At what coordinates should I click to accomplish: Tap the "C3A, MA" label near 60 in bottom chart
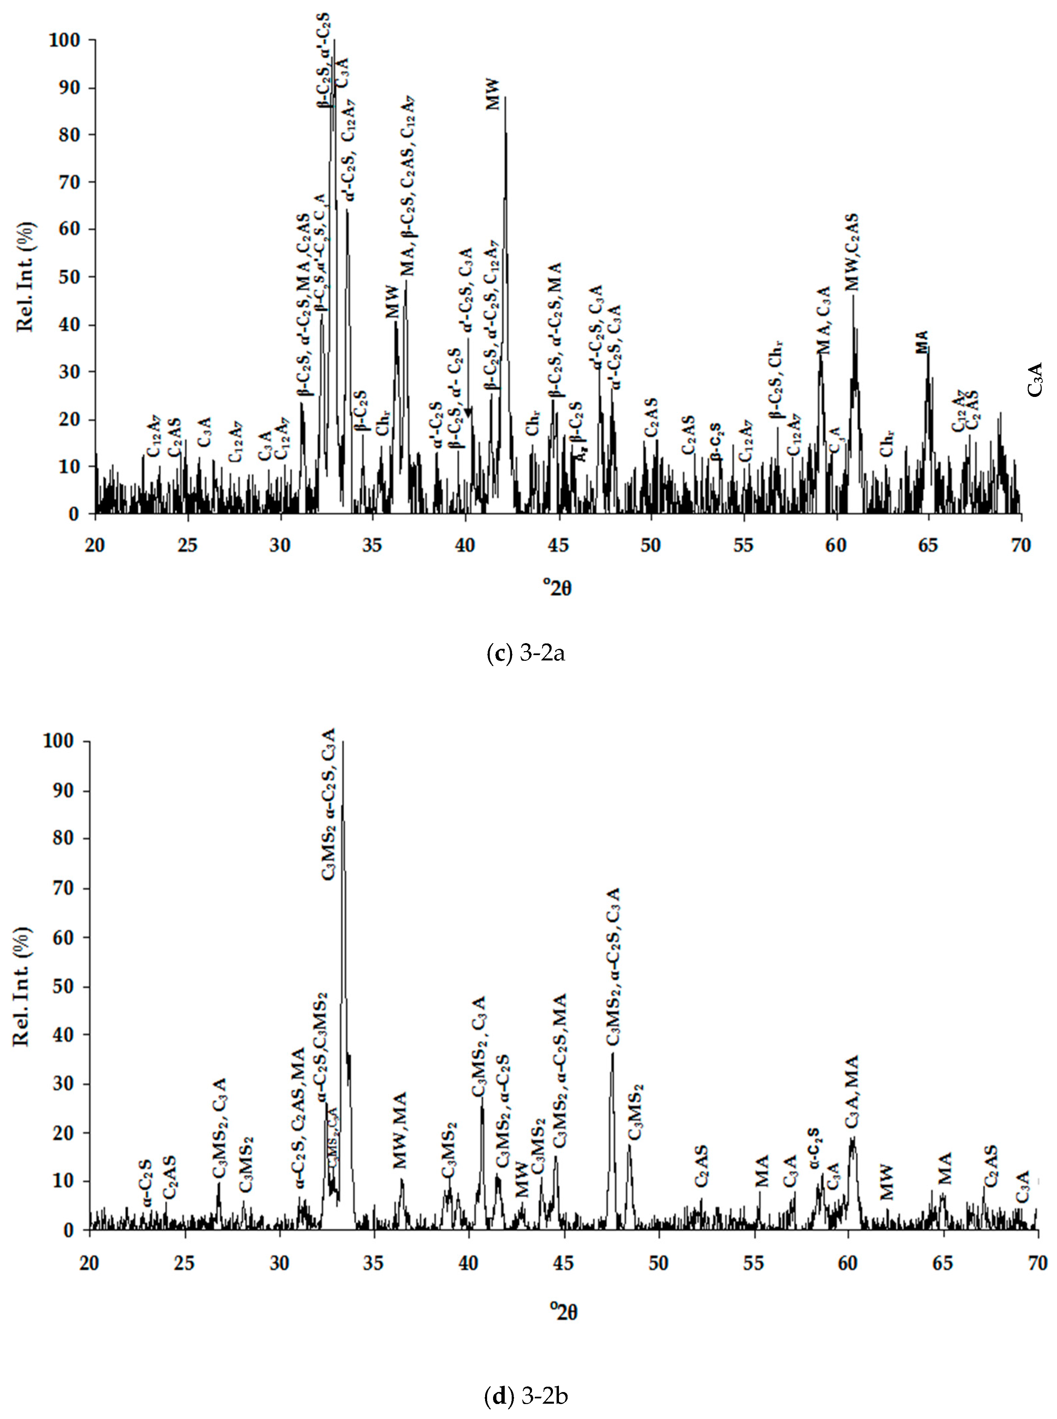point(852,1093)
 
